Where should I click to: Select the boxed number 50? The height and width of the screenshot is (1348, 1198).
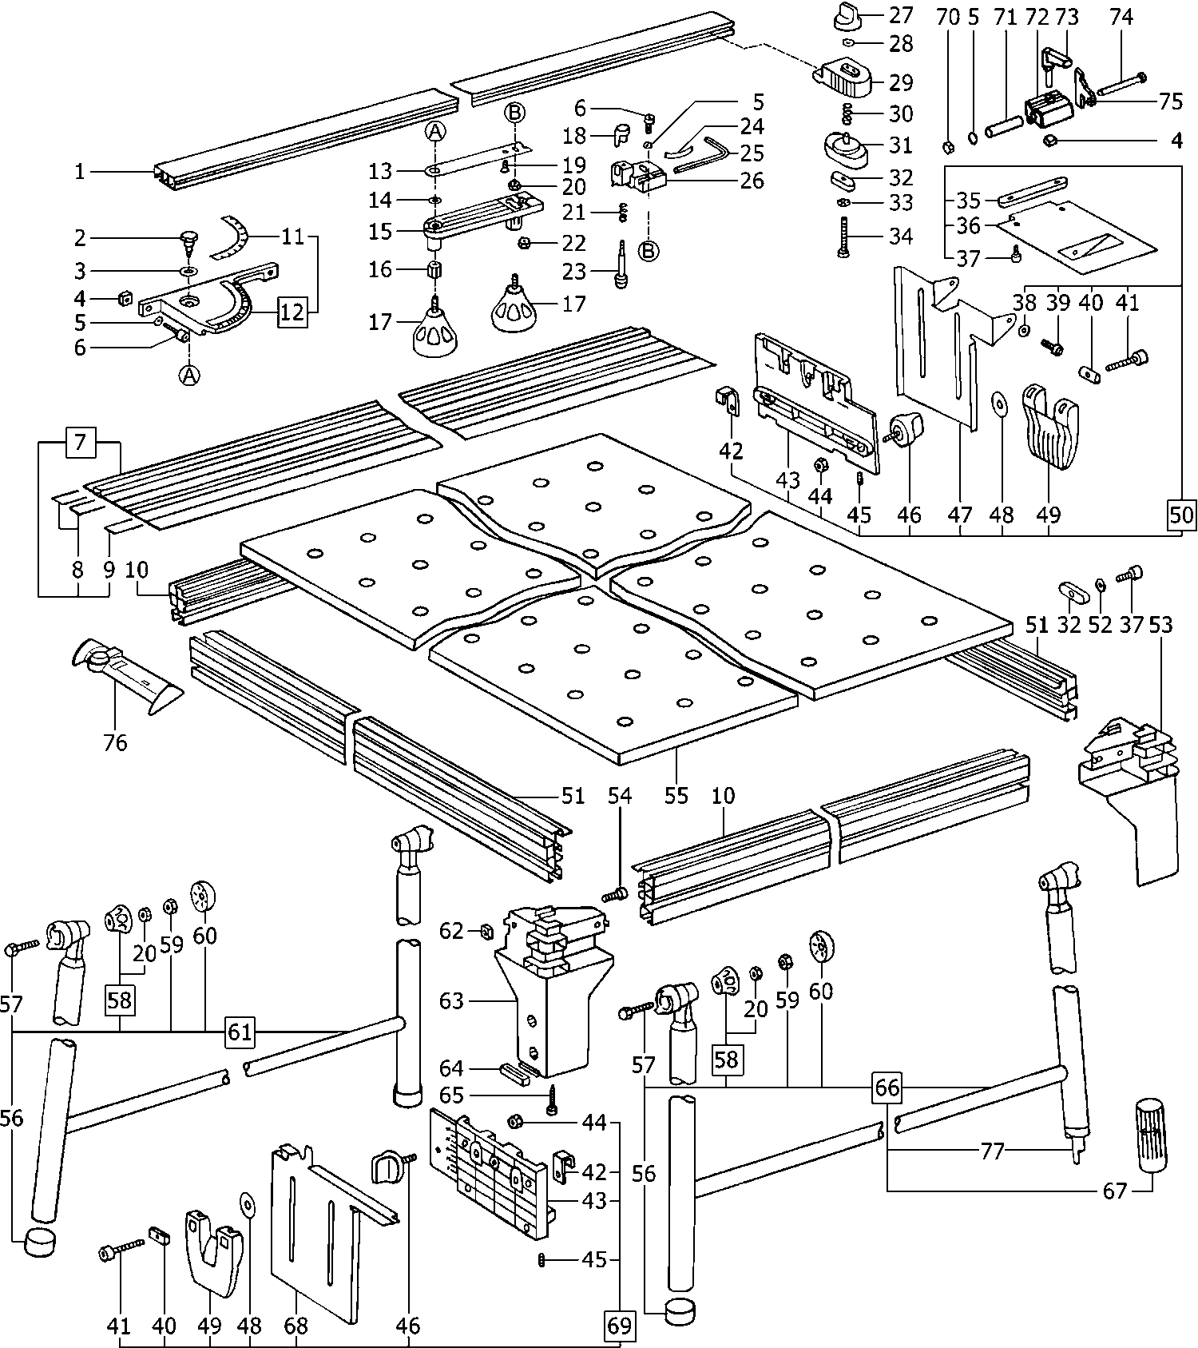click(x=1181, y=515)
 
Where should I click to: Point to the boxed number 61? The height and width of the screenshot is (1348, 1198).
click(x=240, y=1032)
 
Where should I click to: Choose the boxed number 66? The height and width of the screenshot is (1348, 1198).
click(x=887, y=1087)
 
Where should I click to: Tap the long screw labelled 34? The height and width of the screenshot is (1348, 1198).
click(x=844, y=237)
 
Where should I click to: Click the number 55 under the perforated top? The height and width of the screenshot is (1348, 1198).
click(x=676, y=796)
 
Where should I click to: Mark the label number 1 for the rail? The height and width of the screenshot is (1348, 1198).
click(x=80, y=172)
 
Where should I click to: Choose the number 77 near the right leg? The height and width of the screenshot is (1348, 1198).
click(x=992, y=1151)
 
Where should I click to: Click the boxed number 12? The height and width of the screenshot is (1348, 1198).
click(x=292, y=312)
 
